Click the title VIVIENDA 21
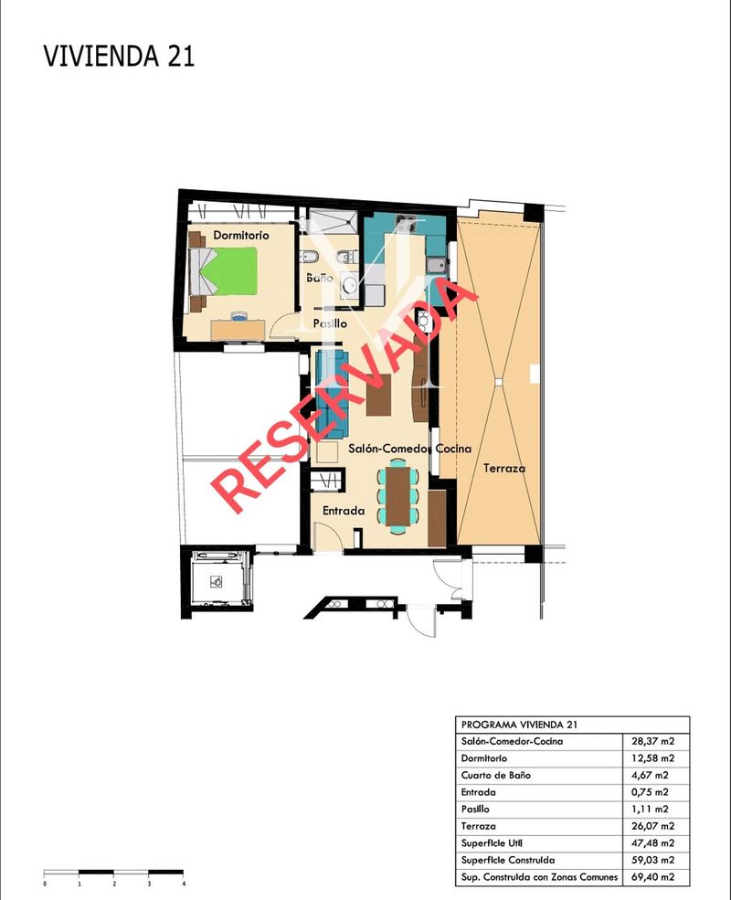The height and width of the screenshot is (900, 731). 119,57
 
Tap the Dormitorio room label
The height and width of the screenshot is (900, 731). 241,236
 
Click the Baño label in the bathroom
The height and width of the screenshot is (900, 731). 320,278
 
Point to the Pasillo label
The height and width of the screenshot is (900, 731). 330,323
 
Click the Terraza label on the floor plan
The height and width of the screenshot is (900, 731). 504,468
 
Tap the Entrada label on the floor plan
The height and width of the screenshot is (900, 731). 344,510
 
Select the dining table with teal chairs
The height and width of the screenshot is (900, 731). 398,497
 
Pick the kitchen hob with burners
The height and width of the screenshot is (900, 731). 406,223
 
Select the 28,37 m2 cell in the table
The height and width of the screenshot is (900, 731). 653,741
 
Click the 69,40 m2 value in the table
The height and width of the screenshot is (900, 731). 653,877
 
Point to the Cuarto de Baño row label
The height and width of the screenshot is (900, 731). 496,775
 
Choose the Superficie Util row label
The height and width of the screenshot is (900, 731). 492,843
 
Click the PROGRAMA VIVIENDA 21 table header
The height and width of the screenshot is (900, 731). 519,725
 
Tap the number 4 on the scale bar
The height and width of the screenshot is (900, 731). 184,884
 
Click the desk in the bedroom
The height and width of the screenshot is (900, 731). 238,330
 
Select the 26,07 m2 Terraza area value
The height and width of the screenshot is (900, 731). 653,826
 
